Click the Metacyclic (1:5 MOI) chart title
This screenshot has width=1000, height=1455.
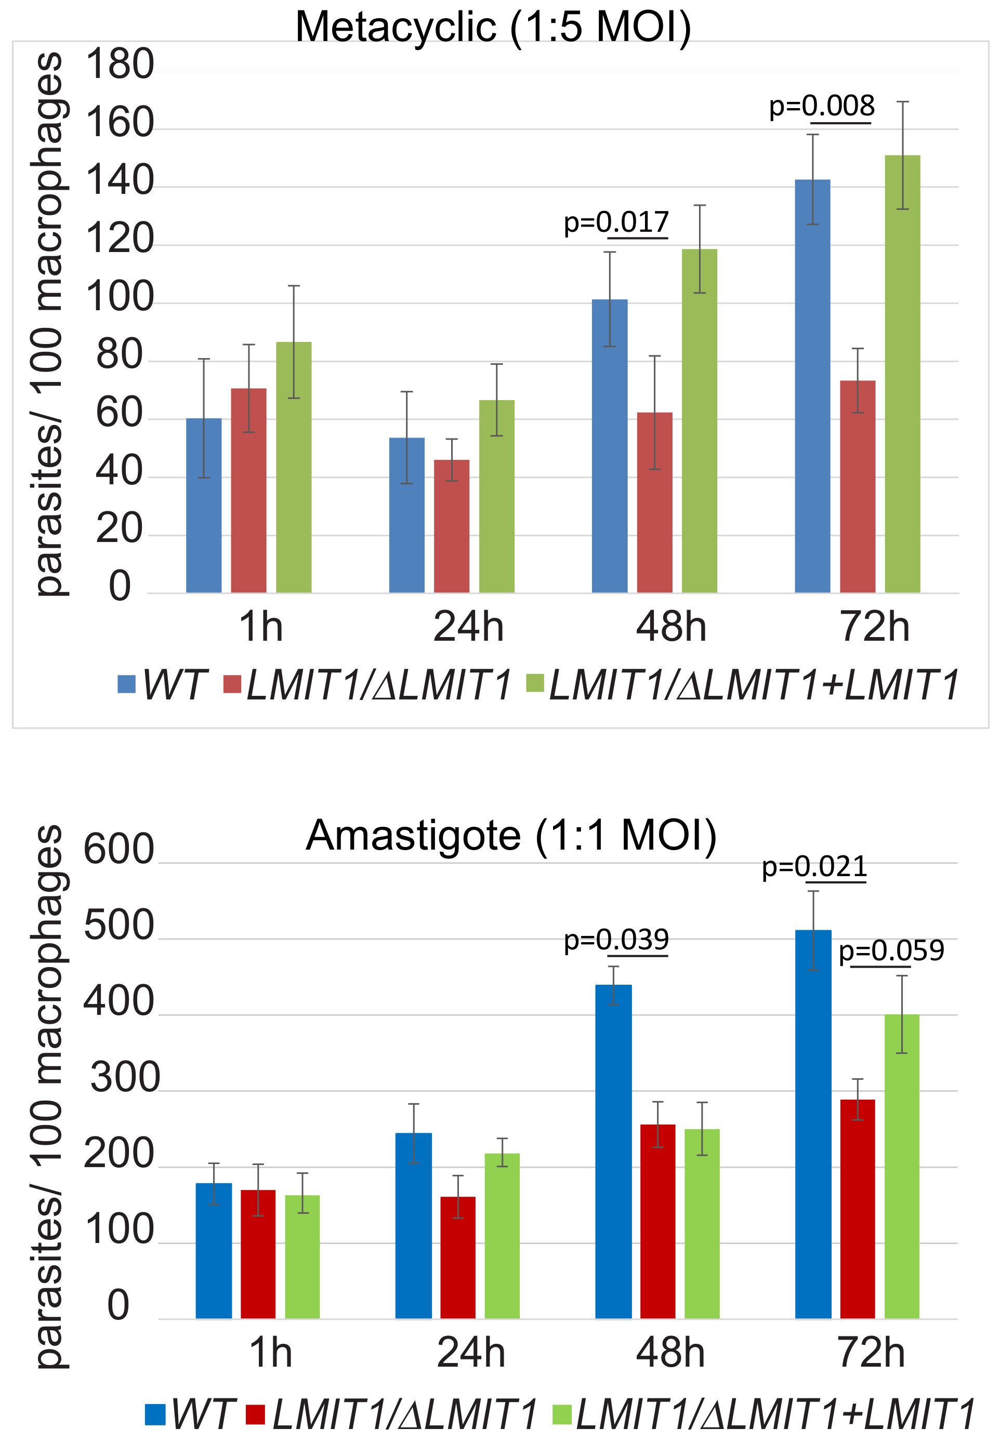click(493, 27)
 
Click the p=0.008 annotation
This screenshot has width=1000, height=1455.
click(821, 106)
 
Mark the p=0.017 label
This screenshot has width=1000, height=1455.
click(616, 222)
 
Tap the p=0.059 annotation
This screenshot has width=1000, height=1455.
click(890, 951)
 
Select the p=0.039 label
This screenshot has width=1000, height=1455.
click(616, 940)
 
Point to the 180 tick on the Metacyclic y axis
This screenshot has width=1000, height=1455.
click(120, 64)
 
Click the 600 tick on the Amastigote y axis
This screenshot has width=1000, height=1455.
click(119, 850)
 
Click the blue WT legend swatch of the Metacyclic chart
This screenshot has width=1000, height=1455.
click(127, 684)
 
